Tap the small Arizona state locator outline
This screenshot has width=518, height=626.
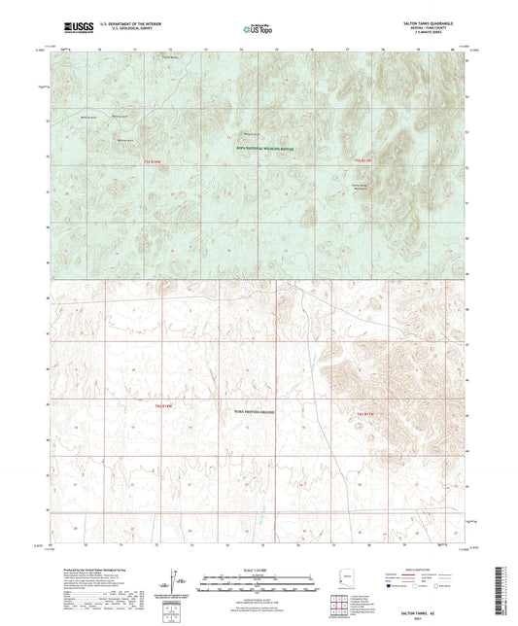[350, 584]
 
